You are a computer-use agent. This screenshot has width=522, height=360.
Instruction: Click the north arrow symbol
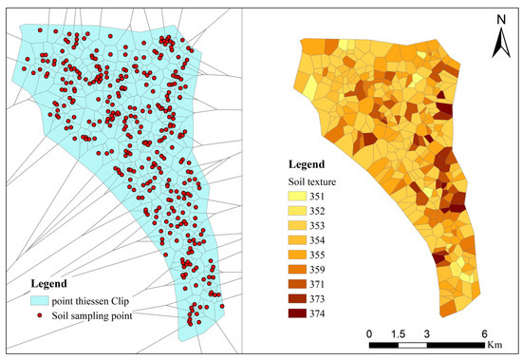coord(499,39)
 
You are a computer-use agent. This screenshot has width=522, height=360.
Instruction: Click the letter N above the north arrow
coord(499,16)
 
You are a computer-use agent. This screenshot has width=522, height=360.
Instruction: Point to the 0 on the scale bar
coord(369,333)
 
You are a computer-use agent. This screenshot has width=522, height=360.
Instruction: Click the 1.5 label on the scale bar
coord(399,333)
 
